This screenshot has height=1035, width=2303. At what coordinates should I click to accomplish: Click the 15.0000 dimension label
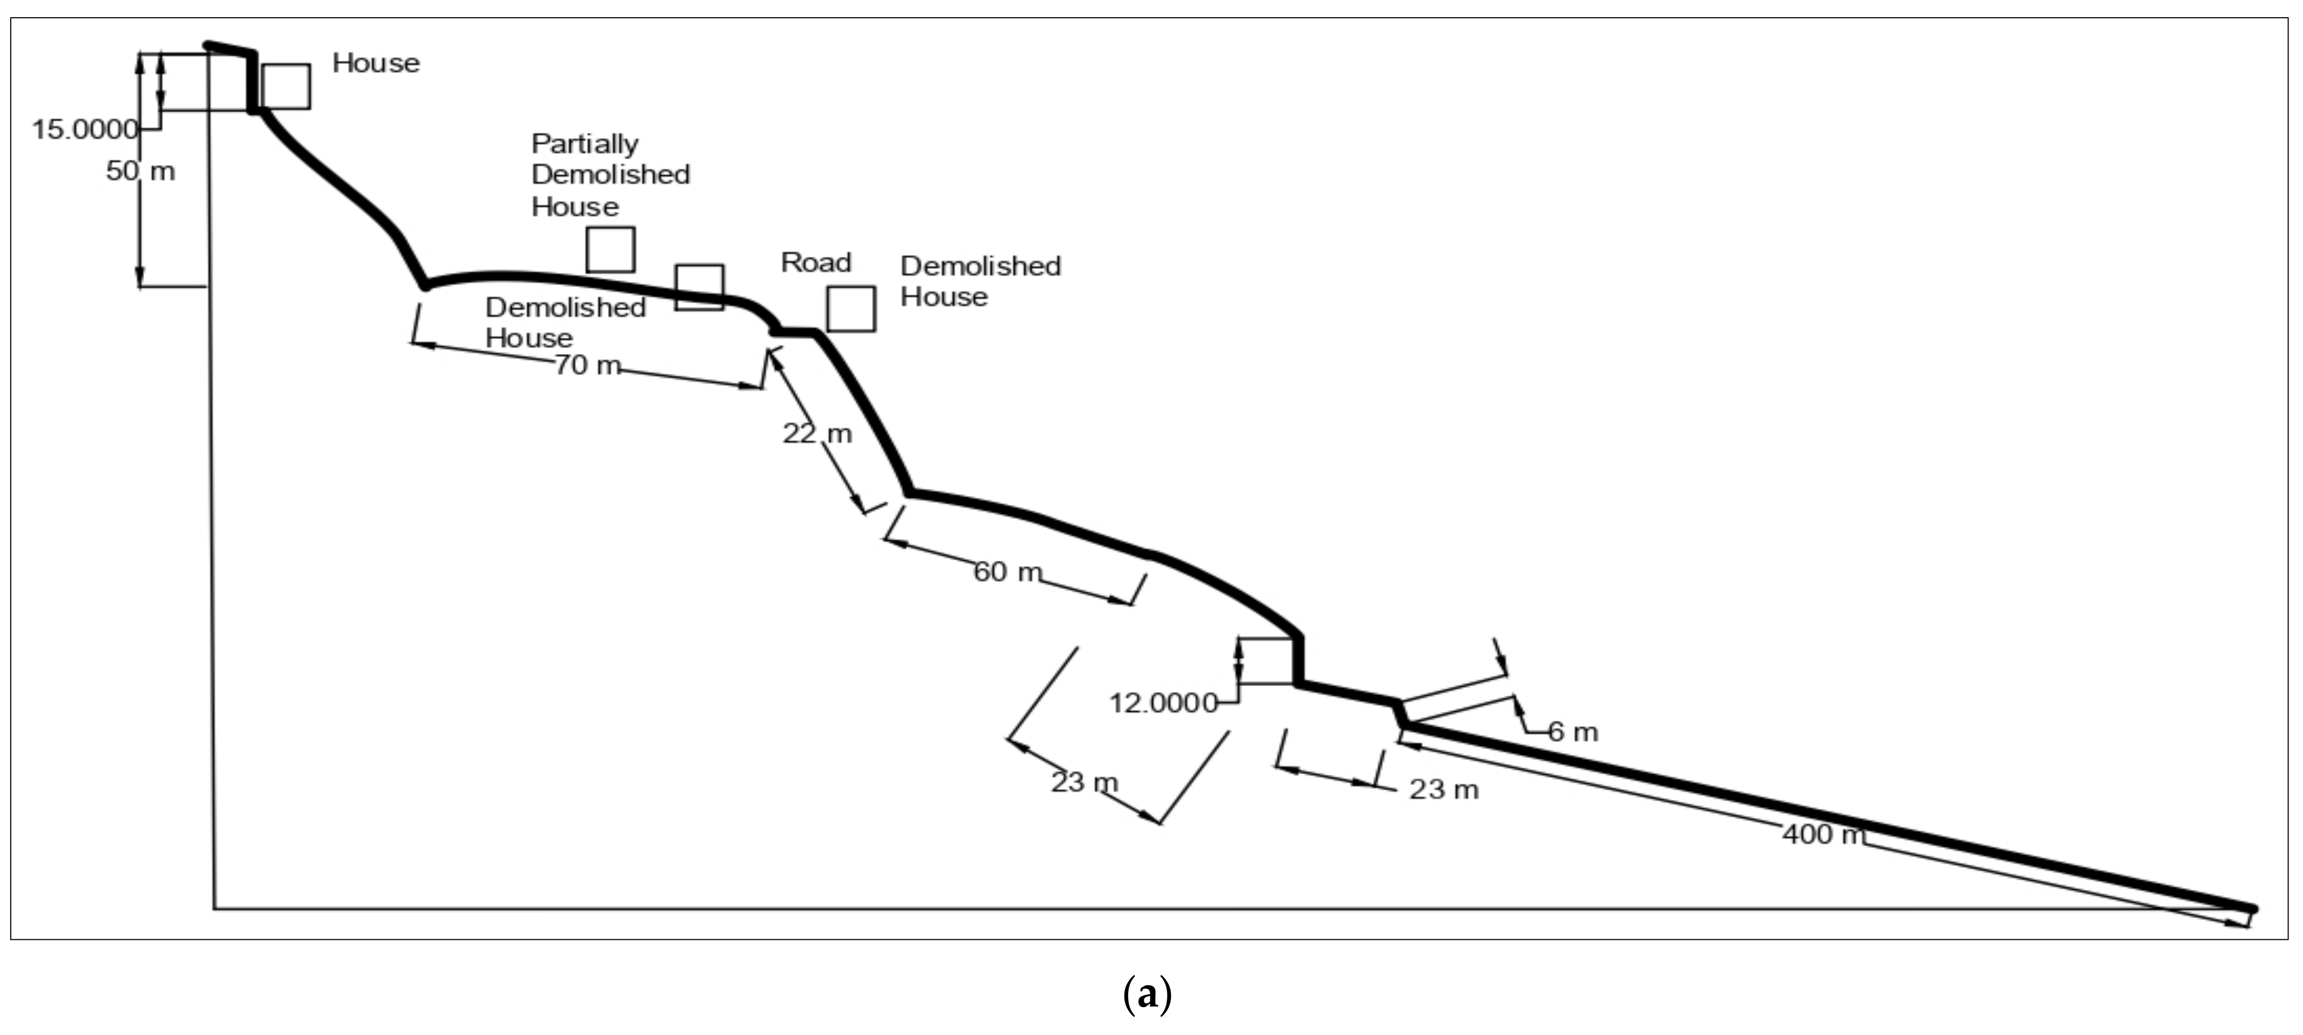[x=85, y=130]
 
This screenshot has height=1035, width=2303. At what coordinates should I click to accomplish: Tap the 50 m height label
[x=140, y=171]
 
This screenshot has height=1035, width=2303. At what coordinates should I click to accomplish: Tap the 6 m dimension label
[x=1572, y=732]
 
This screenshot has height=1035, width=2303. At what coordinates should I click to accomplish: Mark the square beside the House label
[x=286, y=87]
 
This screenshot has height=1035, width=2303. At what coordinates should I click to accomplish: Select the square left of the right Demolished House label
[x=850, y=309]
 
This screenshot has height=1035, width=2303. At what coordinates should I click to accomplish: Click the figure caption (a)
[x=1147, y=994]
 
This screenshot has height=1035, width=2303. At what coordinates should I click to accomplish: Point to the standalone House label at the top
[x=375, y=62]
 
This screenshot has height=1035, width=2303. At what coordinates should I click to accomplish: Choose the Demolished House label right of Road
[x=980, y=281]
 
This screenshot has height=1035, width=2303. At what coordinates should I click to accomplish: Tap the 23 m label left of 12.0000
[x=1083, y=782]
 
